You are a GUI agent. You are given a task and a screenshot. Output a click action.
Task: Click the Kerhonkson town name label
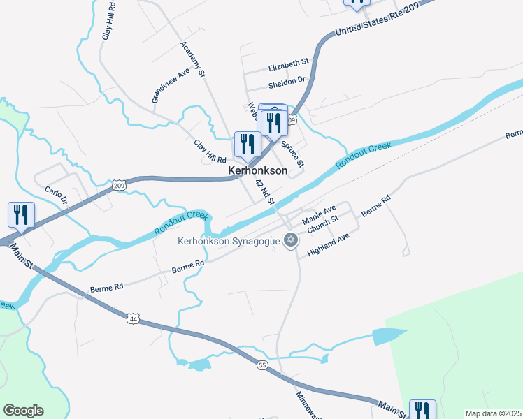258,170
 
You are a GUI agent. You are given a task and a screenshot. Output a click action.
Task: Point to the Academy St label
194,59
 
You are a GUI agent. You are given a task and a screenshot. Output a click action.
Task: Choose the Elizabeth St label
289,65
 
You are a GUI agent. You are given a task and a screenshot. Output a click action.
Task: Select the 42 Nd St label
265,191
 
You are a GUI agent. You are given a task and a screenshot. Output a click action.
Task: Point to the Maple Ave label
319,214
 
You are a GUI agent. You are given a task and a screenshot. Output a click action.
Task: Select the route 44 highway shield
133,318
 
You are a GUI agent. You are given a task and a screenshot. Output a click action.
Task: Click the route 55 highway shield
261,365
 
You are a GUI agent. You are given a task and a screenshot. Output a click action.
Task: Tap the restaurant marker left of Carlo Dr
20,214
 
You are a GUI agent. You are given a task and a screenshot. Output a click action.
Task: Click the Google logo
23,411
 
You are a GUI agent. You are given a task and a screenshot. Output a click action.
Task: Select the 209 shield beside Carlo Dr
118,185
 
